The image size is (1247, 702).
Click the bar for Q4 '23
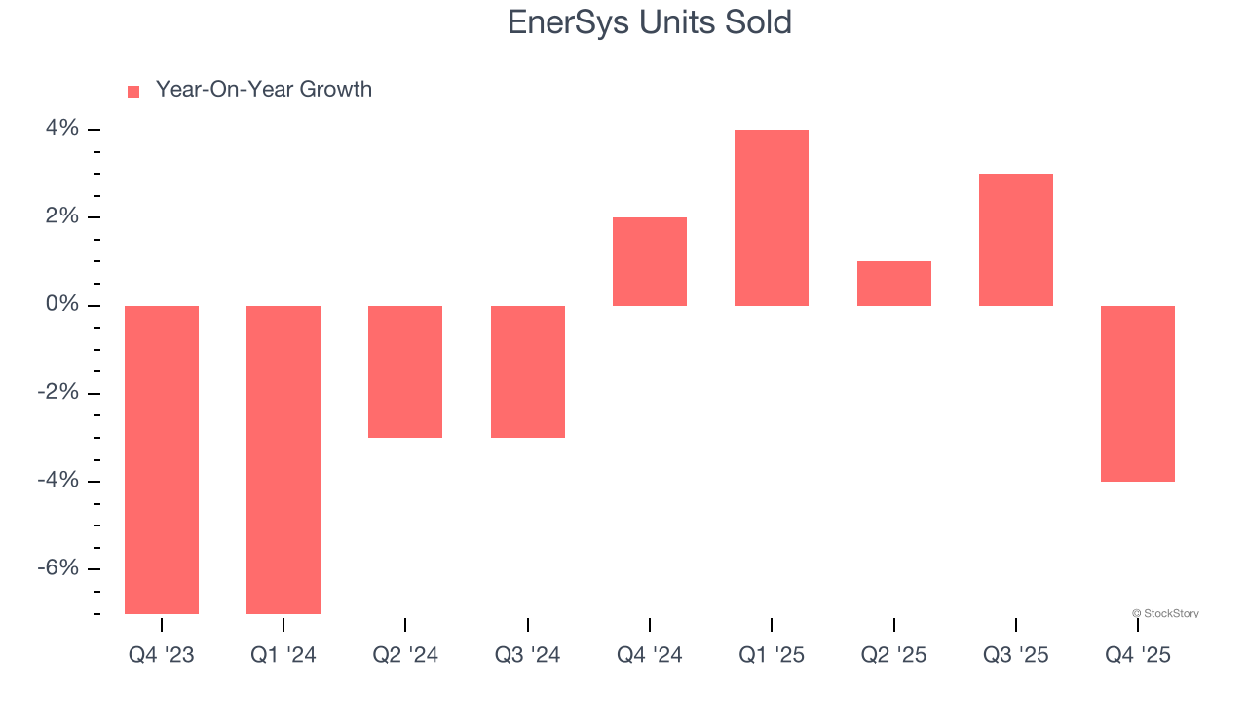pos(162,459)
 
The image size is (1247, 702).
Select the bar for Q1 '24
pos(283,459)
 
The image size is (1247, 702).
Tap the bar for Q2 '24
pos(405,371)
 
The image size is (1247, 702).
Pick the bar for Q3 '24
pos(527,371)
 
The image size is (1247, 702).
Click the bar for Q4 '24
pos(650,261)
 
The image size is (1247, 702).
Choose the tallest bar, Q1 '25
pos(772,217)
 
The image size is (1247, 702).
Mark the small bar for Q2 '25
pos(893,284)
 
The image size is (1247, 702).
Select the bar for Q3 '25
pos(1015,240)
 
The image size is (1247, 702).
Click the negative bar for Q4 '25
pos(1138,393)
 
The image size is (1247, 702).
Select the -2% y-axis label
pos(57,393)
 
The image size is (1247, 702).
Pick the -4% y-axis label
pos(57,481)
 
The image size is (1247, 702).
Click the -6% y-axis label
pos(57,568)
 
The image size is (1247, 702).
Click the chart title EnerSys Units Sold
pos(649,22)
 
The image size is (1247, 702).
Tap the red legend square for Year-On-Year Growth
pos(133,91)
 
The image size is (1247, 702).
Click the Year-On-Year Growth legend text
pos(264,90)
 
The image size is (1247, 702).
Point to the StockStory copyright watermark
pos(1165,613)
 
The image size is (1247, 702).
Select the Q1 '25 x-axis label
pos(771,655)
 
